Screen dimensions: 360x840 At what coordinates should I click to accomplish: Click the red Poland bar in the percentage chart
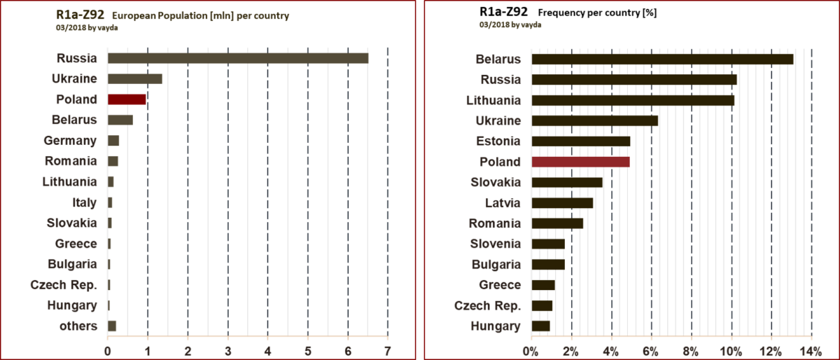pos(581,162)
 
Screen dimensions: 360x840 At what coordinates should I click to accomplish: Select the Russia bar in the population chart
pos(238,58)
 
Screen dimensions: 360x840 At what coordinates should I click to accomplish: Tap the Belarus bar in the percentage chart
pos(662,59)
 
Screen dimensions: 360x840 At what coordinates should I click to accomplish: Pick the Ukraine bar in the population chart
pos(135,78)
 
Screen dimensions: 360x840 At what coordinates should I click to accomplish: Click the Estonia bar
pos(581,141)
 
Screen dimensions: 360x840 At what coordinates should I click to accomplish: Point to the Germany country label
pos(70,141)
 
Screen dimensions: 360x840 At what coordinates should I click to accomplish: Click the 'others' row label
pos(78,326)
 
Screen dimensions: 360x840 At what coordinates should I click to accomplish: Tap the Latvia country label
pos(503,203)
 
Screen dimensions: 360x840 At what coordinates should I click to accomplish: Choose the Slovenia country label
pos(496,244)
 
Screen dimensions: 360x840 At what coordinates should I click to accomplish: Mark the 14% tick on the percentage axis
pos(811,349)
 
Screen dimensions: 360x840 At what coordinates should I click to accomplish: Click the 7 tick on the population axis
pos(387,349)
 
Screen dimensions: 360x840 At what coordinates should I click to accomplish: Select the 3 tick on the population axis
pos(227,349)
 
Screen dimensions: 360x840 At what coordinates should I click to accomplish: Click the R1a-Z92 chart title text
pos(80,15)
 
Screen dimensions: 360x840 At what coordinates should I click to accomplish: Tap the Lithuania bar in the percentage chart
pos(633,100)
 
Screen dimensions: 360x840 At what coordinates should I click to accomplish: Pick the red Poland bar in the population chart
pos(127,99)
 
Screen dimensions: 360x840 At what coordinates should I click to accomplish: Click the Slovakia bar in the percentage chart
pos(567,182)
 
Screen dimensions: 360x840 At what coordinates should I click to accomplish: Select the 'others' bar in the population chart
pos(112,326)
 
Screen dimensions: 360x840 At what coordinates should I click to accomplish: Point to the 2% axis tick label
pos(571,349)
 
